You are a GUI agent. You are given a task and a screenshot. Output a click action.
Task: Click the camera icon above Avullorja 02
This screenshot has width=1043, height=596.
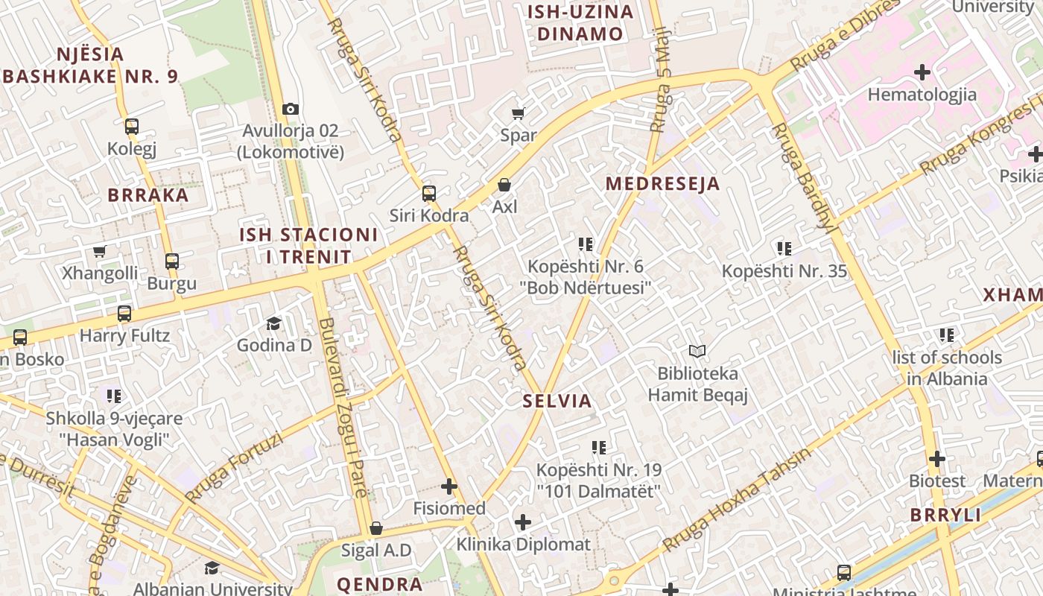pyautogui.click(x=291, y=109)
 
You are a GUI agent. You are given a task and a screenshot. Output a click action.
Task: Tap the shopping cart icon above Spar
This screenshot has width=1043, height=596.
pyautogui.click(x=518, y=113)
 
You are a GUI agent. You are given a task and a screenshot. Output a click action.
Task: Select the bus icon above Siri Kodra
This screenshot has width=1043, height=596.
pyautogui.click(x=429, y=194)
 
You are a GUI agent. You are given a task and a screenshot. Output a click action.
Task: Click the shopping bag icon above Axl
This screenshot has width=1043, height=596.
pyautogui.click(x=504, y=184)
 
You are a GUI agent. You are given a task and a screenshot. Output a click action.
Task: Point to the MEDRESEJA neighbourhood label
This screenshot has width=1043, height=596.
pyautogui.click(x=662, y=184)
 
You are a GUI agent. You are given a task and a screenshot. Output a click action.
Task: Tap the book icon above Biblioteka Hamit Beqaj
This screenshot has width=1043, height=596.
pyautogui.click(x=697, y=351)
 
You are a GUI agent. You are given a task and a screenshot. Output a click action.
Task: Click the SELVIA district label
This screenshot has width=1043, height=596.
pyautogui.click(x=557, y=401)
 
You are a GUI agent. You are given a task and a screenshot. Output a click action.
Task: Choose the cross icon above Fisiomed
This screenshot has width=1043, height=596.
pyautogui.click(x=448, y=486)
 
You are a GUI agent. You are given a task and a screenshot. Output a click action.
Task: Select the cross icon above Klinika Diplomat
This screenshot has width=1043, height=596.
pyautogui.click(x=523, y=522)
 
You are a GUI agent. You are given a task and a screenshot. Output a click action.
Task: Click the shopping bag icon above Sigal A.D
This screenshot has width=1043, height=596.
pyautogui.click(x=376, y=528)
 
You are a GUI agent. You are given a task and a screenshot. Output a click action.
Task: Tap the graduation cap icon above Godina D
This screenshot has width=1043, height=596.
pyautogui.click(x=273, y=323)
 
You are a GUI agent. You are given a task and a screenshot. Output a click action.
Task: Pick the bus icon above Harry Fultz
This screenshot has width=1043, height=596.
pyautogui.click(x=124, y=314)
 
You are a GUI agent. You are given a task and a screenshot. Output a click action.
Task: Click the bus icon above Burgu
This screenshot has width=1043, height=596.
pyautogui.click(x=172, y=261)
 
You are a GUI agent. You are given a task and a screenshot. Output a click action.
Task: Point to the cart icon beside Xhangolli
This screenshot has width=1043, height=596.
pyautogui.click(x=100, y=252)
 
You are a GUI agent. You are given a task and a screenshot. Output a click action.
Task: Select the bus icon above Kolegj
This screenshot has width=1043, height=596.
pyautogui.click(x=132, y=127)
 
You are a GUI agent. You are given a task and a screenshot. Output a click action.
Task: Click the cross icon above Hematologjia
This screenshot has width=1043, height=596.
pyautogui.click(x=922, y=72)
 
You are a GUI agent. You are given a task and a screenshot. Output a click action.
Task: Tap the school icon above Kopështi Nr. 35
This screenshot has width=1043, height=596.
pyautogui.click(x=784, y=248)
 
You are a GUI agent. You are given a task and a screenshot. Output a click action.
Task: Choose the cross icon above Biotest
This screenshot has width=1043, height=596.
pyautogui.click(x=937, y=459)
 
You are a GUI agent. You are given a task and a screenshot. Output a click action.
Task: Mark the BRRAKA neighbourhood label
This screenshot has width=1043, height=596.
pyautogui.click(x=148, y=195)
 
